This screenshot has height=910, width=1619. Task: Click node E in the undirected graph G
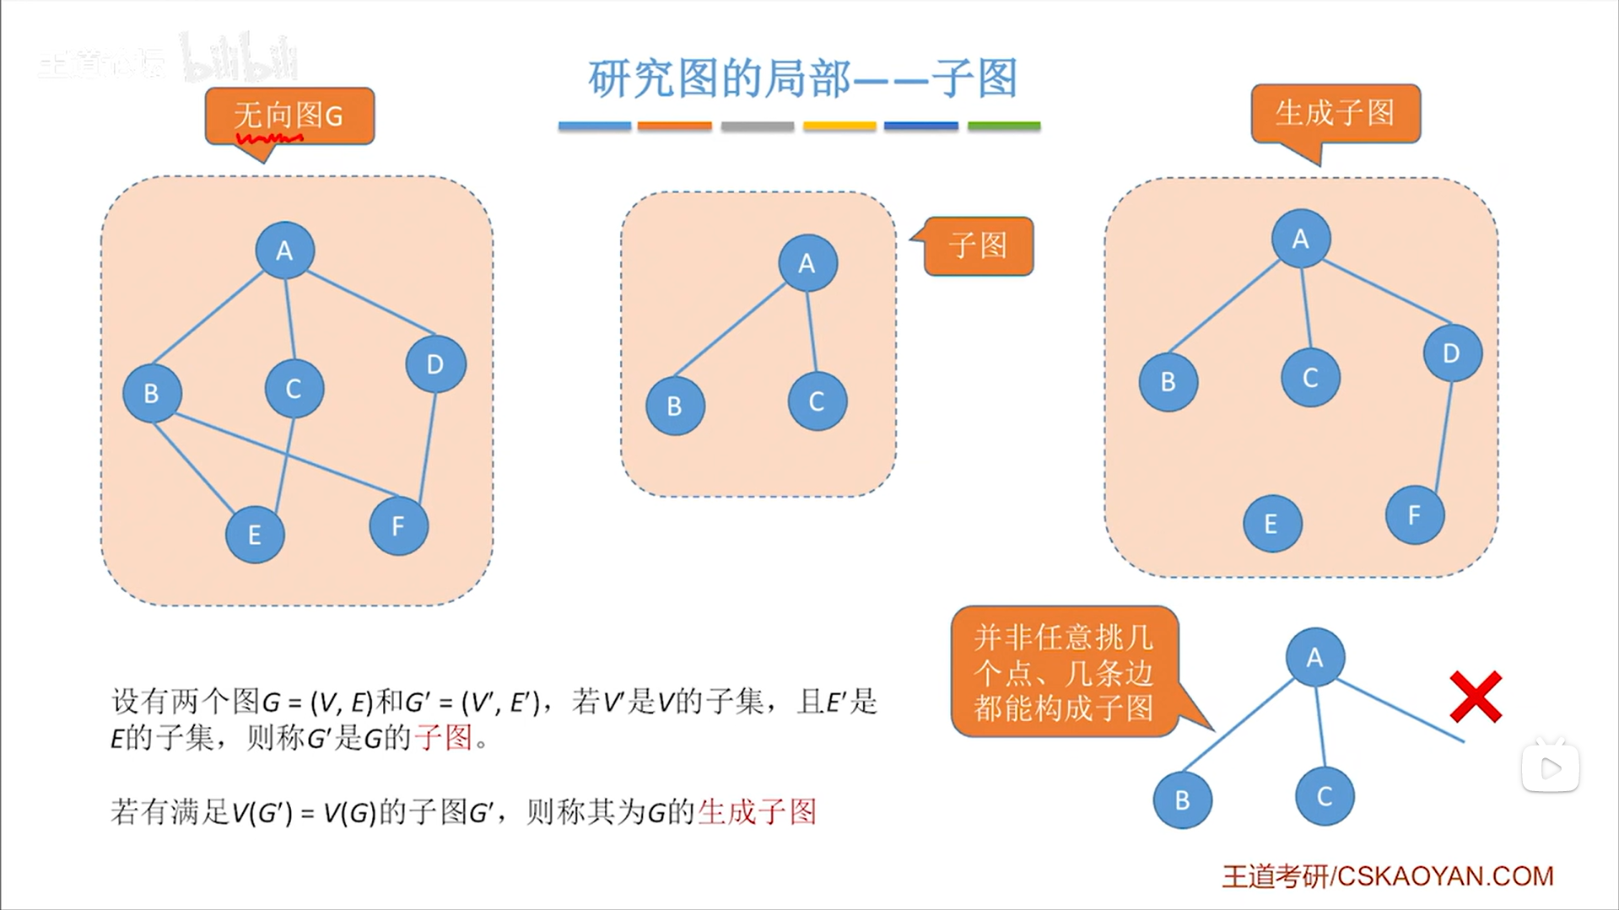255,535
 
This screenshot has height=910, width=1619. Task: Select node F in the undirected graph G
398,526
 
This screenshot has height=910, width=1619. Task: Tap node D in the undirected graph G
435,364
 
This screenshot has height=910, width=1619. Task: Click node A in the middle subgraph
807,263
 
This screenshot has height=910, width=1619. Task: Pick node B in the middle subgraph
675,407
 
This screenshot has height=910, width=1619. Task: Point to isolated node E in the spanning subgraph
1271,524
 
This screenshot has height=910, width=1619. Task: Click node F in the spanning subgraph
1415,515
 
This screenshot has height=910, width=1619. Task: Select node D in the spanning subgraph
1452,353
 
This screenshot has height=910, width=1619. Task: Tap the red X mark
1476,697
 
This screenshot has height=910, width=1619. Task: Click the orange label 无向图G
289,116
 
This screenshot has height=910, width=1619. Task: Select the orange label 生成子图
1335,113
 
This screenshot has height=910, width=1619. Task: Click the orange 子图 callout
978,246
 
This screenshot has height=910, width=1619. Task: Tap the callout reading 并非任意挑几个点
1063,672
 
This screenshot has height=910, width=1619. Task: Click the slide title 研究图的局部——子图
802,78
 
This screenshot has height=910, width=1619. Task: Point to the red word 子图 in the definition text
443,738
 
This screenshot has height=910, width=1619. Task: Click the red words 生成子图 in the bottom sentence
757,812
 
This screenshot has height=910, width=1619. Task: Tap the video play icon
1550,767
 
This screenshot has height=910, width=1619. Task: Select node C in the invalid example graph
1325,796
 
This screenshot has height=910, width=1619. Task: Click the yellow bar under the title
839,127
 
